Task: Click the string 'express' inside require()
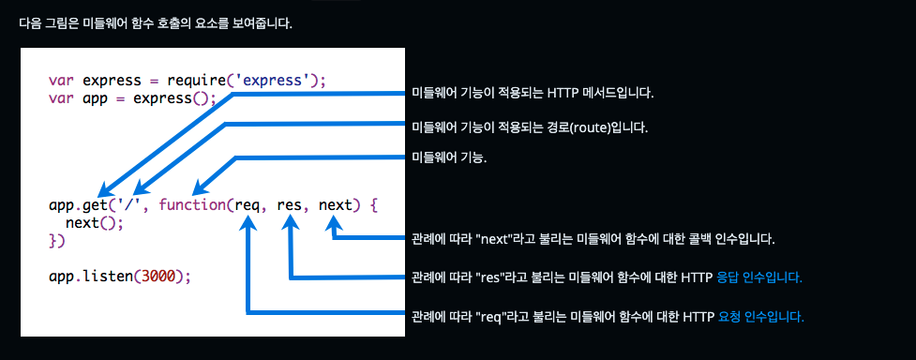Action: click(x=273, y=80)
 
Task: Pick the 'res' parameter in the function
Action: click(x=292, y=203)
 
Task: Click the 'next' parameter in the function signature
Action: click(x=335, y=203)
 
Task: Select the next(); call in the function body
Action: click(x=95, y=222)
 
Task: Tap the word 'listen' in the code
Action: click(x=106, y=277)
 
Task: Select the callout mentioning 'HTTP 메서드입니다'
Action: click(x=533, y=94)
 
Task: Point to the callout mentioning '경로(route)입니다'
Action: click(x=530, y=127)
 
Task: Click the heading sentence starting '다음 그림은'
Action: click(x=156, y=22)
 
